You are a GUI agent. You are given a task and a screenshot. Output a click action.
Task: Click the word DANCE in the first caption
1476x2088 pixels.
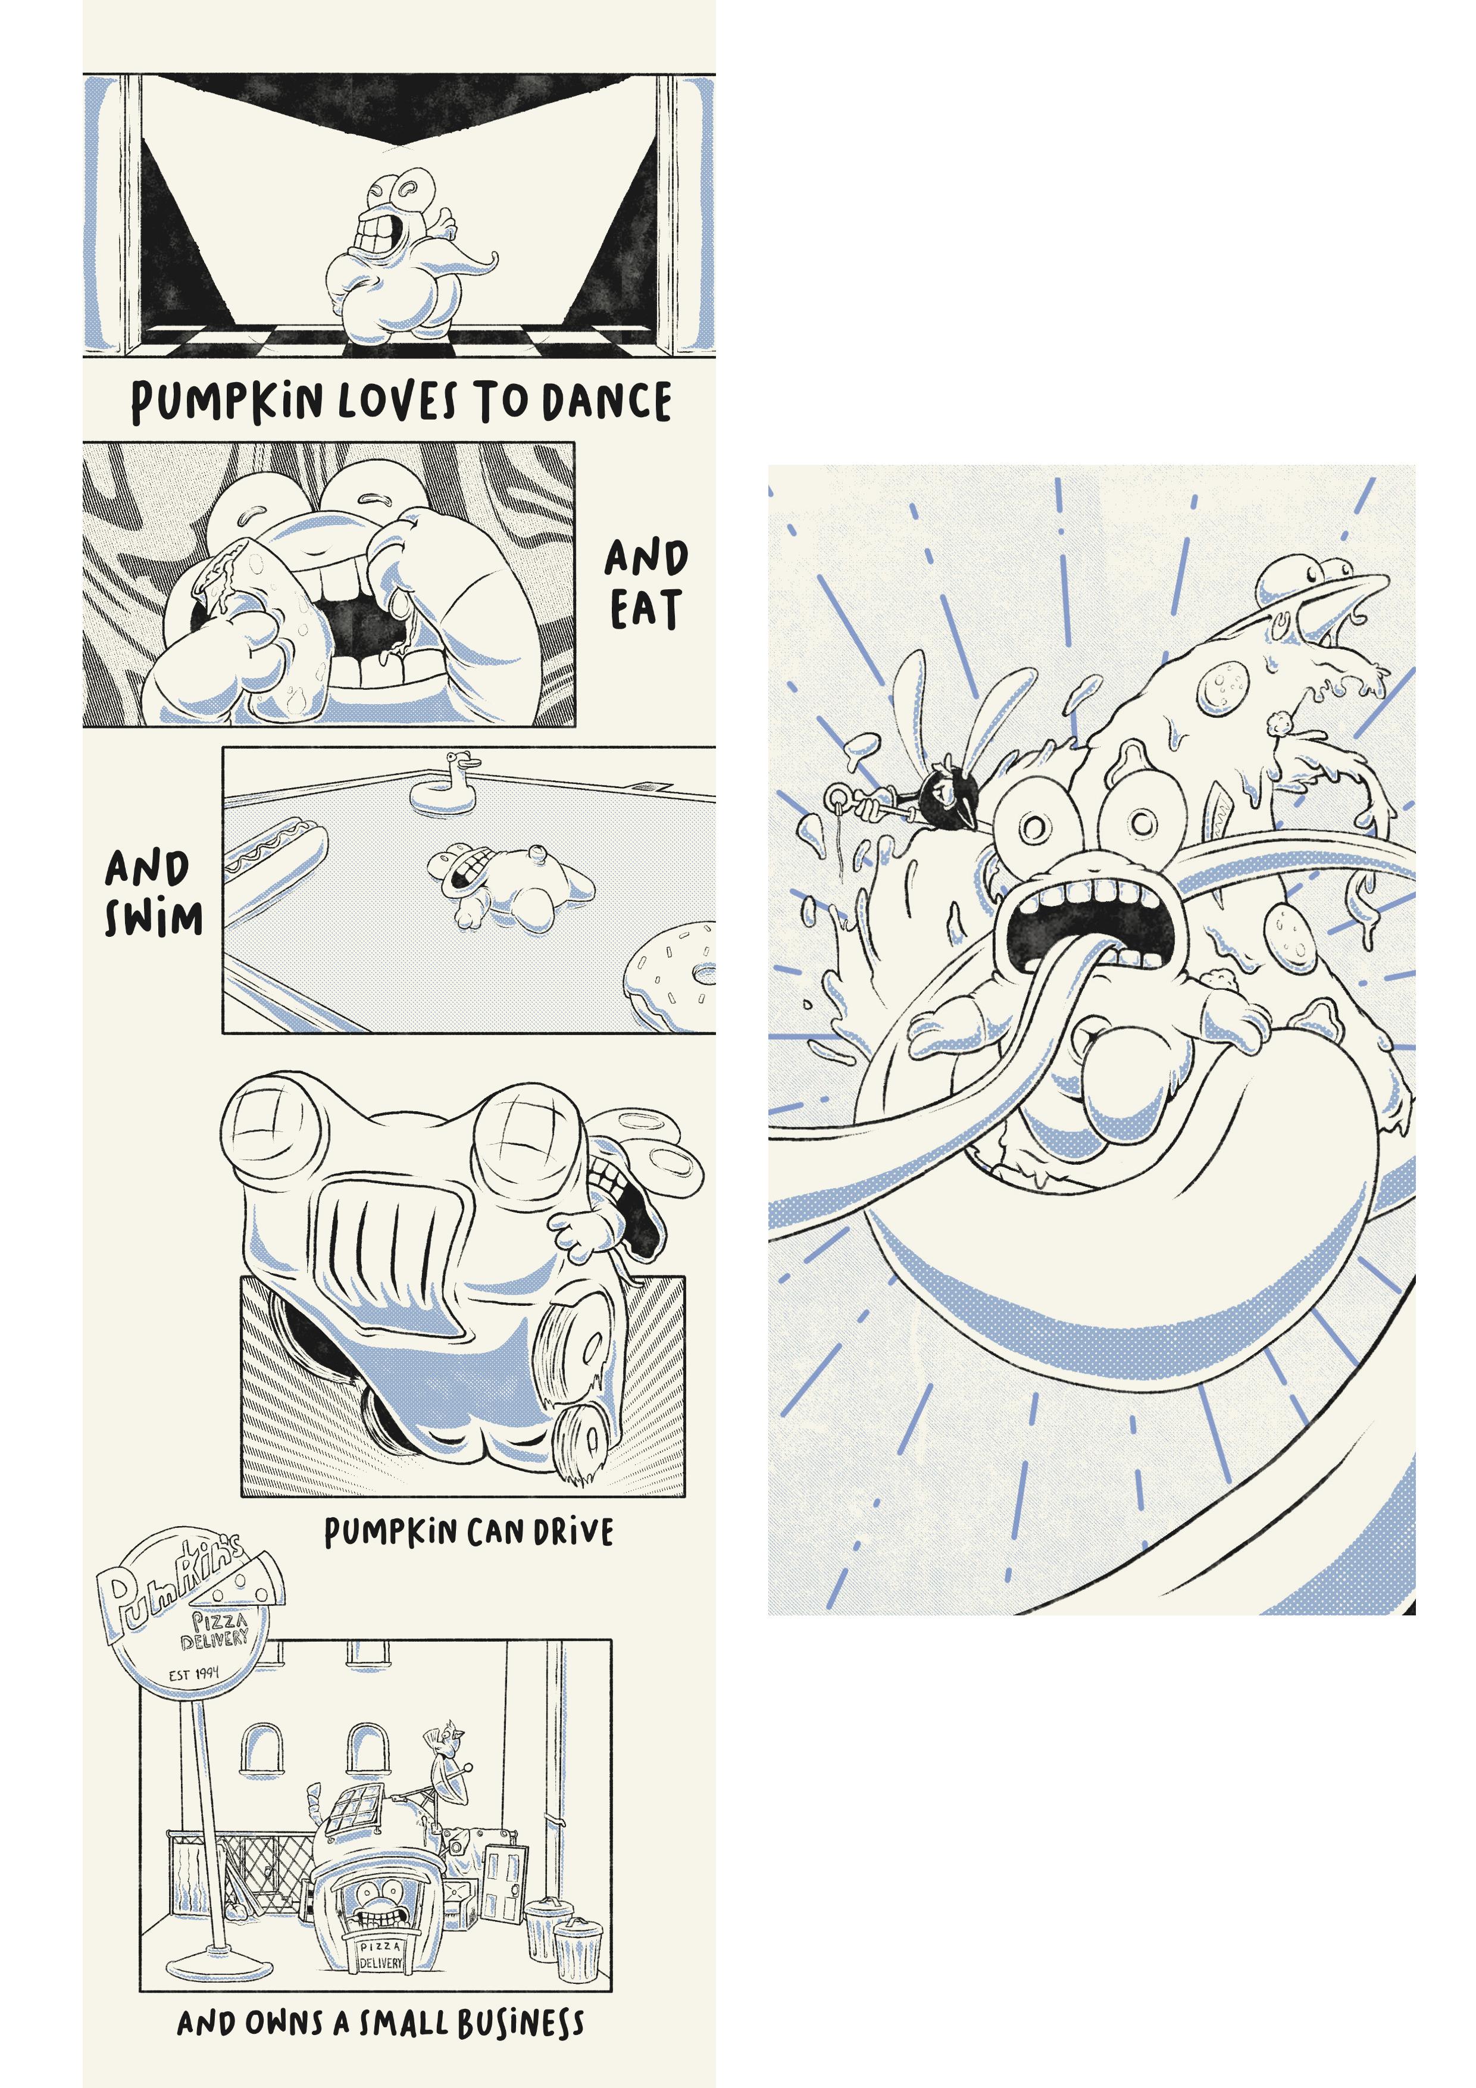click(606, 401)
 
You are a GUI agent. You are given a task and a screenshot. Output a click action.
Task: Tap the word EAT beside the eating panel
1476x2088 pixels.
click(645, 609)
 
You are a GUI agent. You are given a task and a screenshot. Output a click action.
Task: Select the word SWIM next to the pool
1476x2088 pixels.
click(153, 918)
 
